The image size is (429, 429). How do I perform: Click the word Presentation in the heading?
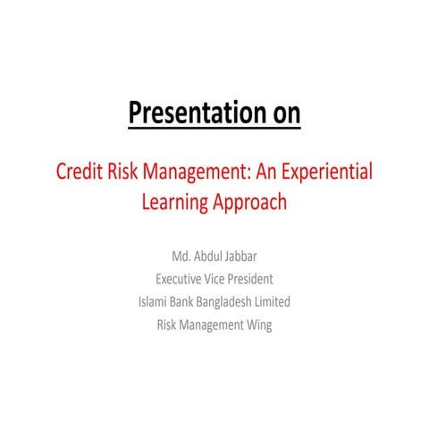(x=186, y=114)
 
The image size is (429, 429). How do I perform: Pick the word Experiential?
(x=329, y=172)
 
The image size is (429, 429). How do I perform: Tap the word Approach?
(x=250, y=202)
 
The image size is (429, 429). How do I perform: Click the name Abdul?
(x=206, y=257)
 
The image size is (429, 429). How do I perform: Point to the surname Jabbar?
(x=246, y=257)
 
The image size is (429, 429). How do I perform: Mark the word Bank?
(x=188, y=302)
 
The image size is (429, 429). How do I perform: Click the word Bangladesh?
(x=231, y=302)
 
